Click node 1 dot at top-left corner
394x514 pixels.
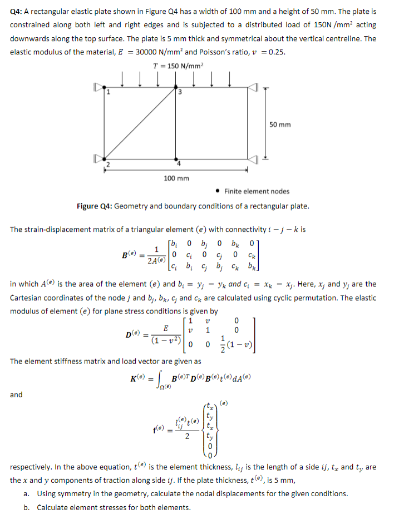(x=104, y=87)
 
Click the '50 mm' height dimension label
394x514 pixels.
(x=280, y=124)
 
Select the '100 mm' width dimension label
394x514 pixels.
(x=177, y=178)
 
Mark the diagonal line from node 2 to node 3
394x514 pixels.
(x=140, y=123)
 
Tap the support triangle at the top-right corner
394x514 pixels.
(x=253, y=87)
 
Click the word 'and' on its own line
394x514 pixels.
(x=17, y=395)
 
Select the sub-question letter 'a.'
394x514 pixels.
(x=27, y=493)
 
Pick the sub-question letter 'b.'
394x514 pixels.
(x=27, y=507)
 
